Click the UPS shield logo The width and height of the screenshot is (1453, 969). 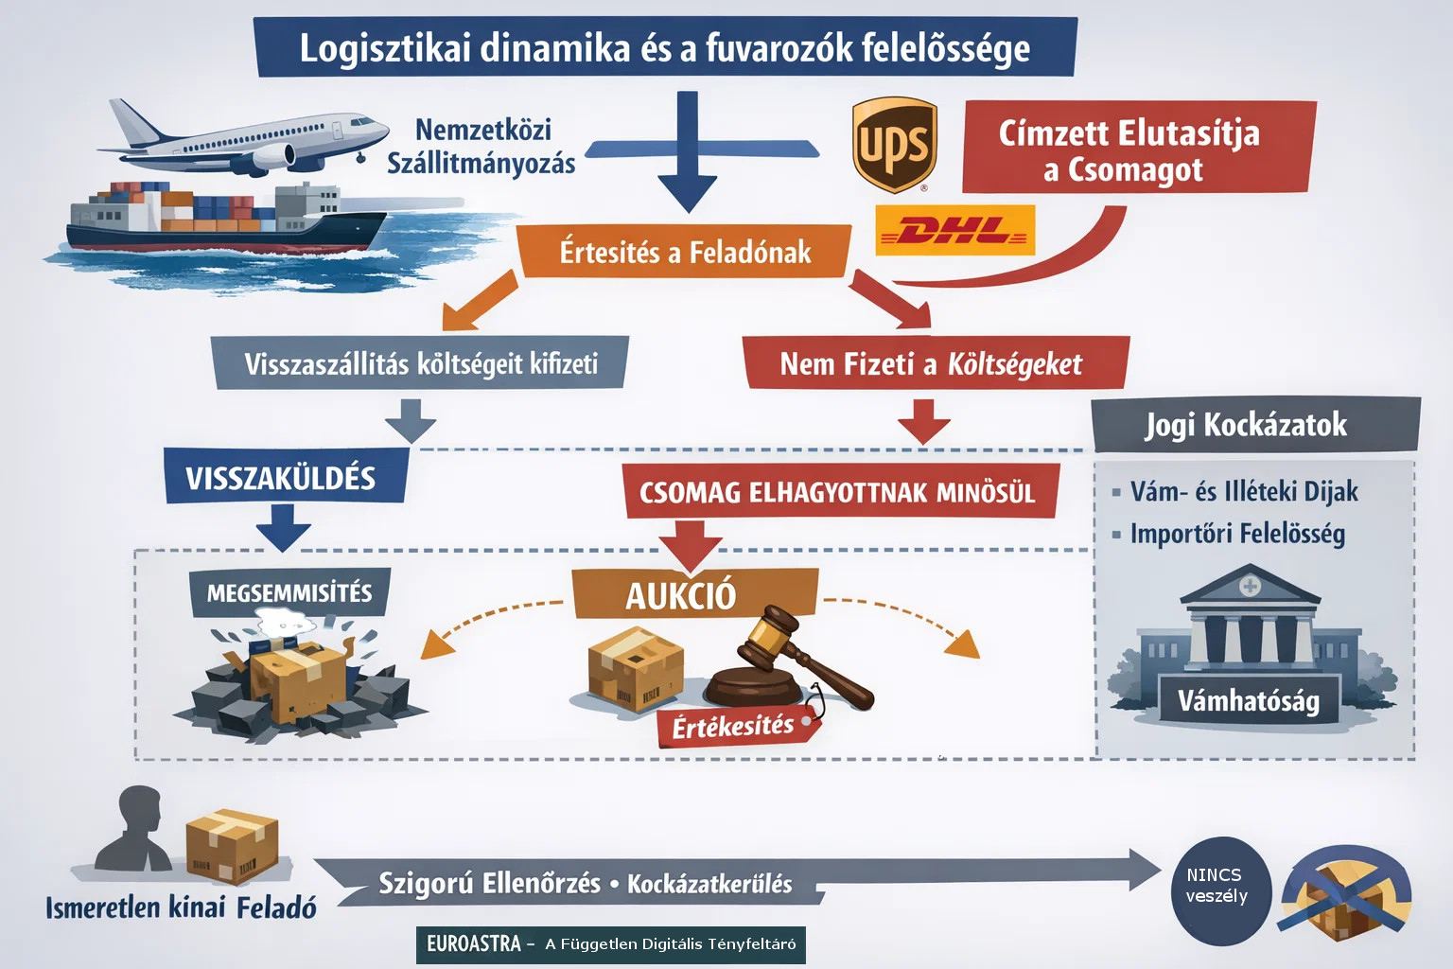[894, 145]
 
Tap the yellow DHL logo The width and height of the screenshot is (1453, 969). [955, 230]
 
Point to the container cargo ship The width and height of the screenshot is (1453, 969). [227, 218]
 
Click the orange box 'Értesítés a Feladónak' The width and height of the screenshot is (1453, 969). [684, 253]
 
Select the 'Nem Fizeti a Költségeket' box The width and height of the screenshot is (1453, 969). [932, 363]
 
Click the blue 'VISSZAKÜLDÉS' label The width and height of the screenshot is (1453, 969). [282, 477]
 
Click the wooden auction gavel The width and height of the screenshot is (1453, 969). [795, 658]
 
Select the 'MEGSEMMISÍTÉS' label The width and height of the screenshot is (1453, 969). [289, 593]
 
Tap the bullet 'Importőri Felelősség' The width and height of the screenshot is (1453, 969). [1237, 534]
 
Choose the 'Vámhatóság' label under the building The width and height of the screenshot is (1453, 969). [1248, 701]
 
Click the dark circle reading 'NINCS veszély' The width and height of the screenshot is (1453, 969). [1217, 887]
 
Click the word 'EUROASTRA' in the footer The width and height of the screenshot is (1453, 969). [473, 943]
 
